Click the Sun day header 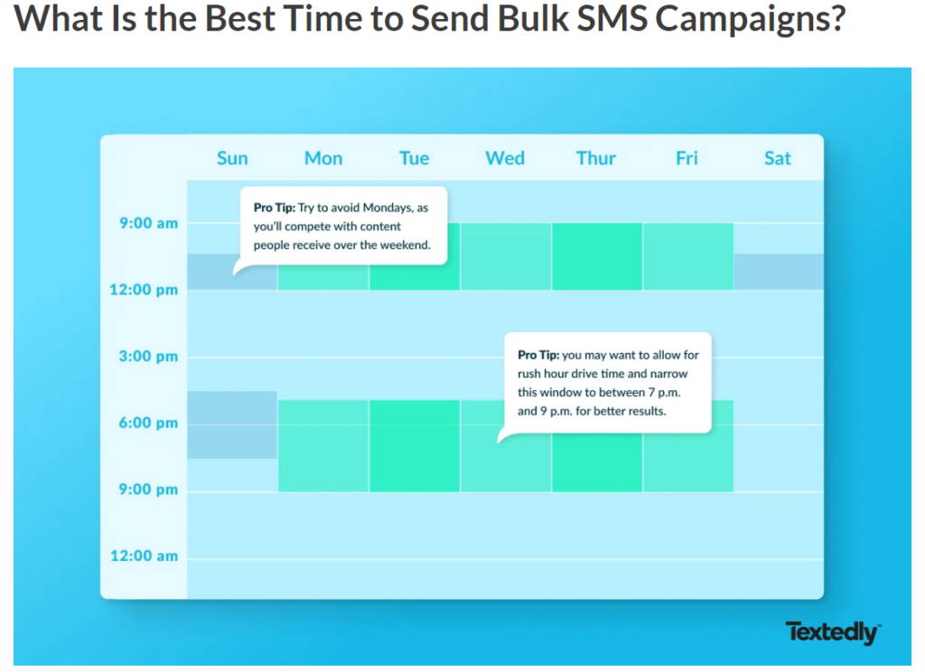[x=232, y=158]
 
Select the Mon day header [x=323, y=158]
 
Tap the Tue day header [x=414, y=158]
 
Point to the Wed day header [x=505, y=158]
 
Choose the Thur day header [x=596, y=158]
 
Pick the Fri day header [x=687, y=158]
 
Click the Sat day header [x=778, y=158]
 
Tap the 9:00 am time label [x=149, y=223]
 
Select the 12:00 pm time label [x=144, y=290]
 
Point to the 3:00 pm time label [x=149, y=357]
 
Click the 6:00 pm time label [x=149, y=423]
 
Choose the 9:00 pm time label [x=149, y=490]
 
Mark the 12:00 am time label [x=145, y=555]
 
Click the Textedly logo [x=833, y=632]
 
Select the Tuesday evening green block [x=415, y=446]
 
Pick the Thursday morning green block [x=597, y=257]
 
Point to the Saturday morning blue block [x=779, y=272]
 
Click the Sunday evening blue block [x=232, y=425]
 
